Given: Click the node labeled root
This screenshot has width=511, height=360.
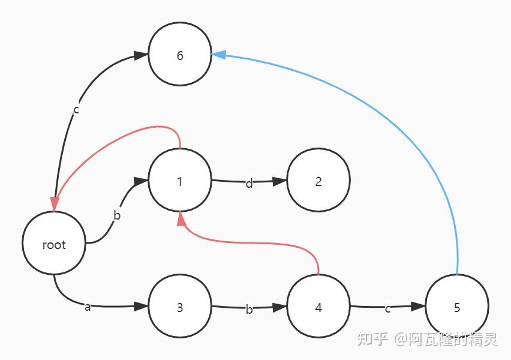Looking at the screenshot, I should pyautogui.click(x=53, y=244).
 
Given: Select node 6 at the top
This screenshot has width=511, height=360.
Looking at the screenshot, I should pyautogui.click(x=180, y=56).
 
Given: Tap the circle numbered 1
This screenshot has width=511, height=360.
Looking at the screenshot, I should pyautogui.click(x=180, y=181).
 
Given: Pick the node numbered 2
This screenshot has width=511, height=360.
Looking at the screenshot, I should pyautogui.click(x=318, y=181).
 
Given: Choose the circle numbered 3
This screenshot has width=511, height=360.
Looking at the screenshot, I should pyautogui.click(x=180, y=308).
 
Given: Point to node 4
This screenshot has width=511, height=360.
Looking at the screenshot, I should pyautogui.click(x=318, y=308).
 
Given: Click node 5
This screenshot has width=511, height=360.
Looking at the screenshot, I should pyautogui.click(x=457, y=308).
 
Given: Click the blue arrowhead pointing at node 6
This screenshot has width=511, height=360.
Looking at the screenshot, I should pyautogui.click(x=219, y=54).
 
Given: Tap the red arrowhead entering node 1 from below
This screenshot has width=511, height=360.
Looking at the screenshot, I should pyautogui.click(x=181, y=219).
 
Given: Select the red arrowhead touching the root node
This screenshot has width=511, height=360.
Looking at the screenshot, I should pyautogui.click(x=55, y=204).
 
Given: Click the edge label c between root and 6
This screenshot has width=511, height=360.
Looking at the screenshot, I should pyautogui.click(x=76, y=110).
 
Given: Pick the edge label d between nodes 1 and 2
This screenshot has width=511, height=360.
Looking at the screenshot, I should pyautogui.click(x=250, y=183).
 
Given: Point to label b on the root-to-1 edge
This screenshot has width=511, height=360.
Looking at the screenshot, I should pyautogui.click(x=117, y=215).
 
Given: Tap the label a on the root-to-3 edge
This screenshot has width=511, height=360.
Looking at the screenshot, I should pyautogui.click(x=88, y=307).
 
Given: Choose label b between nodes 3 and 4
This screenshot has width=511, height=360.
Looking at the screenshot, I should pyautogui.click(x=249, y=310).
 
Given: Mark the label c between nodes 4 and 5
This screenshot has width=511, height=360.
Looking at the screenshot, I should pyautogui.click(x=388, y=308).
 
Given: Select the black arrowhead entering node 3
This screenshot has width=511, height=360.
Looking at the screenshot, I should pyautogui.click(x=141, y=307).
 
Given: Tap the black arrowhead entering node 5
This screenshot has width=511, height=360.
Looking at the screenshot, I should pyautogui.click(x=419, y=307).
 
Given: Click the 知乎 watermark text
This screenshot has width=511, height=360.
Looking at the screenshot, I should pyautogui.click(x=371, y=340).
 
